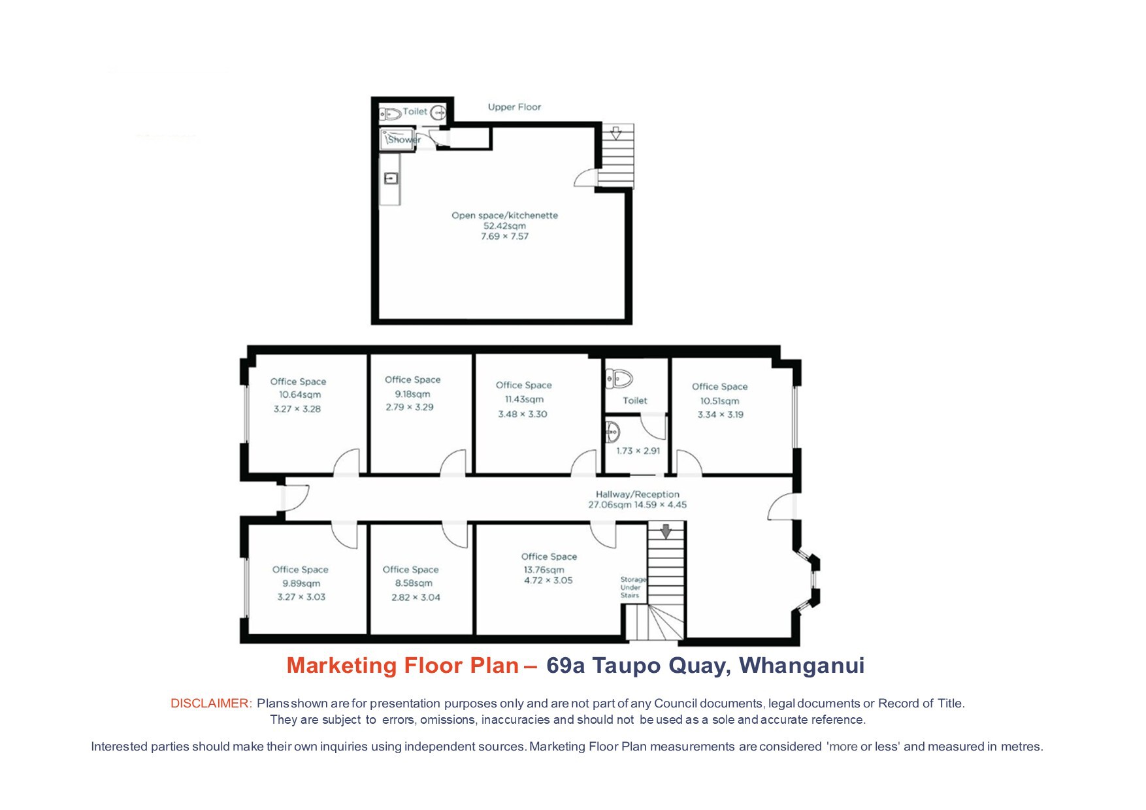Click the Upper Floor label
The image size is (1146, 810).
click(x=514, y=107)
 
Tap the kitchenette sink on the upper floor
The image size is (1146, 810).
click(x=391, y=178)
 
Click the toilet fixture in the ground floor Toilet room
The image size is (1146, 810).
click(x=619, y=378)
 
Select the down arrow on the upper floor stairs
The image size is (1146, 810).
click(x=615, y=133)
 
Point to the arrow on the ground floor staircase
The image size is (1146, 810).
click(x=666, y=531)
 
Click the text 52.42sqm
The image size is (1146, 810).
click(x=504, y=226)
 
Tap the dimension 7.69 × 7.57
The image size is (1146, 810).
click(x=504, y=236)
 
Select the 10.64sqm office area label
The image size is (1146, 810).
click(x=300, y=395)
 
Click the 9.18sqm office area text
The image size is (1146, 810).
click(x=412, y=394)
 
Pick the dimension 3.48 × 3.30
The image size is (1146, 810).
click(x=523, y=414)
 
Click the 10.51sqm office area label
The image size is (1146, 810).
click(x=719, y=401)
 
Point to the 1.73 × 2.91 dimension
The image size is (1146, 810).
click(x=638, y=451)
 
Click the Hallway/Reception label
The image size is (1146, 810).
click(x=638, y=494)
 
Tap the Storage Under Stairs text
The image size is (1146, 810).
click(x=632, y=587)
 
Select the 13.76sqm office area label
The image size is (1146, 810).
click(x=544, y=570)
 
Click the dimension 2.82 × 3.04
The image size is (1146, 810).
click(x=416, y=597)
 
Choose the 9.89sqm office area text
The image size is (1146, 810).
click(x=301, y=583)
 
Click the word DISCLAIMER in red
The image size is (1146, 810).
click(x=211, y=704)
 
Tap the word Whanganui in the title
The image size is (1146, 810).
click(x=802, y=666)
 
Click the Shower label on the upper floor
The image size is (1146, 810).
click(x=404, y=140)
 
